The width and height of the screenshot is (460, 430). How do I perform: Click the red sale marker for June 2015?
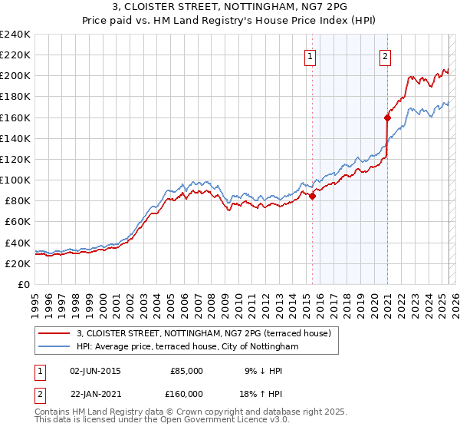click(x=313, y=196)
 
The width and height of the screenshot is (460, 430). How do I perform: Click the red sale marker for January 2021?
click(x=387, y=117)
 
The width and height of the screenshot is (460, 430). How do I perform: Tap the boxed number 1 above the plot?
click(x=310, y=55)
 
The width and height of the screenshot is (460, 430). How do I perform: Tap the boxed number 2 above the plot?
click(x=384, y=55)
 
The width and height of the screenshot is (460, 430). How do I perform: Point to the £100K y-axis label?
click(x=15, y=180)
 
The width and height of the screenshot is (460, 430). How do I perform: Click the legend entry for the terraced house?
click(x=203, y=333)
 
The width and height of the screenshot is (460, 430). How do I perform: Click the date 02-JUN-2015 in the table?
click(x=95, y=371)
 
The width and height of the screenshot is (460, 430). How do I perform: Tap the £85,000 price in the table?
click(x=186, y=371)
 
